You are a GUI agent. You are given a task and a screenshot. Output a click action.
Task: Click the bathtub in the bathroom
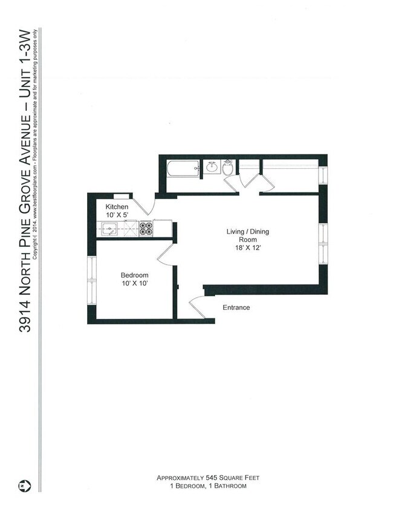183,169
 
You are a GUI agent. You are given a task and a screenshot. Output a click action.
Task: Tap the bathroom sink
212,168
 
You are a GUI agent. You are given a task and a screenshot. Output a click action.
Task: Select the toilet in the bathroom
228,168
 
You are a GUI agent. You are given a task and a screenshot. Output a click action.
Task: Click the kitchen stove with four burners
146,228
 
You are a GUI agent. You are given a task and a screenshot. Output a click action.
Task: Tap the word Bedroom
134,275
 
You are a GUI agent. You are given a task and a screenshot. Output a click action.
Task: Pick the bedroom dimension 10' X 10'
134,283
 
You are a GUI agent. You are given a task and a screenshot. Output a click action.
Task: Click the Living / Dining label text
247,232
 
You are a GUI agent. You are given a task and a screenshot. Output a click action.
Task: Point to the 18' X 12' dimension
247,248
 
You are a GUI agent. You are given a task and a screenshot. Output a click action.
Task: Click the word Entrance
236,307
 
